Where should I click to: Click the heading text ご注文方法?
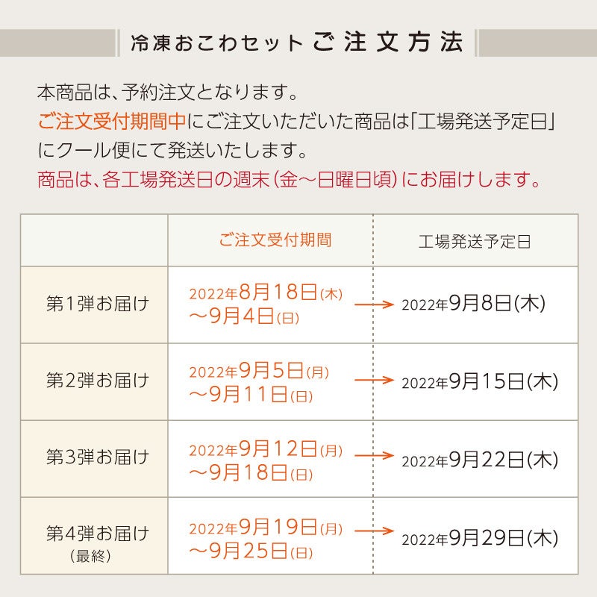coord(389,42)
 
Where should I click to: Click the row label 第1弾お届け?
coord(98,304)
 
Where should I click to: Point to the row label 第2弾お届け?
coord(98,381)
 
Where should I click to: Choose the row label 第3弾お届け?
coord(98,457)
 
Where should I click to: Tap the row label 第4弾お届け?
coord(98,534)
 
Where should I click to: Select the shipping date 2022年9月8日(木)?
coord(474,304)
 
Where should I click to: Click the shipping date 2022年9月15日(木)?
coord(480,381)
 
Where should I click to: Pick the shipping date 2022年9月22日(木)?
coord(480,460)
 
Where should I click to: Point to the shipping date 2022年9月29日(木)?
coord(480,537)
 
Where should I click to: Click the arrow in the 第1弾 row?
coord(373,304)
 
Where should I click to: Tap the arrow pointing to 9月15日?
coord(373,380)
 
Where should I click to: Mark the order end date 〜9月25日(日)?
coord(251,551)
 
